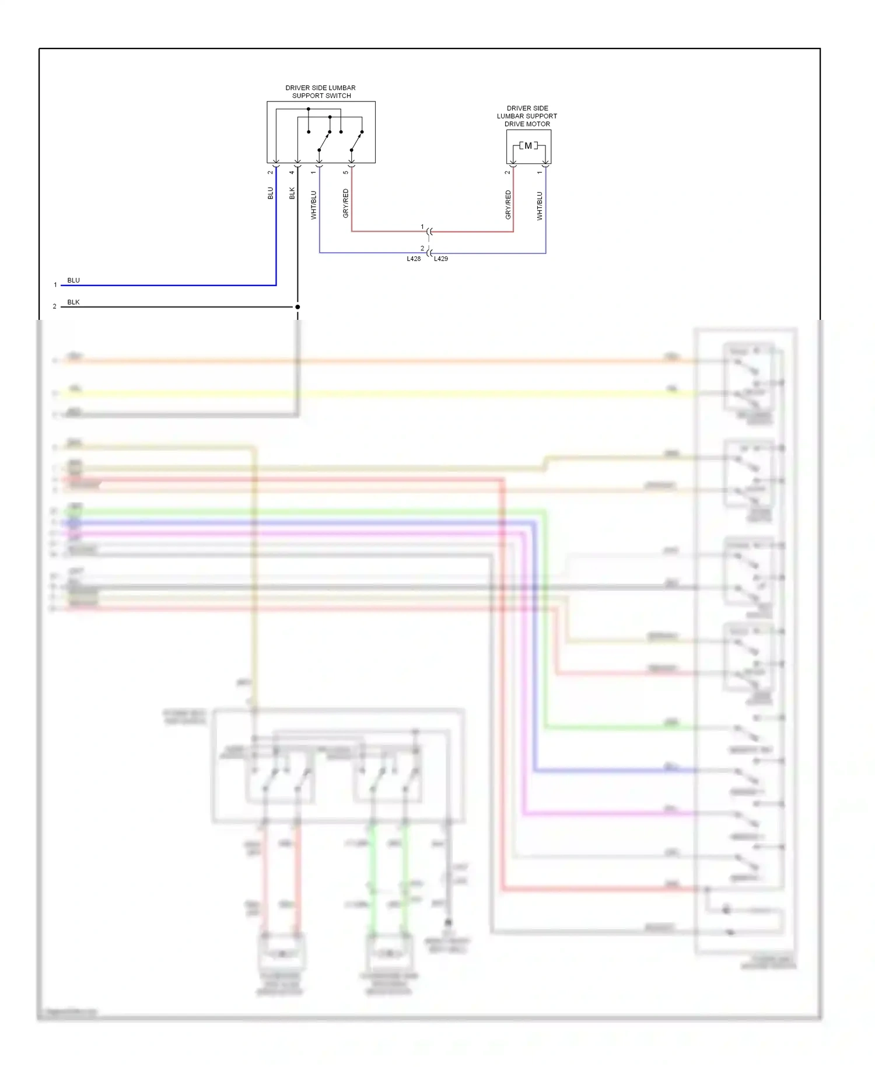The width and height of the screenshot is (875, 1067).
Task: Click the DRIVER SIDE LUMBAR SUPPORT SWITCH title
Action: pyautogui.click(x=321, y=92)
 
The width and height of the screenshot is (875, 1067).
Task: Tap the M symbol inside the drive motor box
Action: pyautogui.click(x=528, y=146)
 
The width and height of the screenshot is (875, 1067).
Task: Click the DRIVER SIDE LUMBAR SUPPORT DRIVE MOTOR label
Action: pyautogui.click(x=527, y=116)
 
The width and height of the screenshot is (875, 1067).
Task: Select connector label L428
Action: pyautogui.click(x=414, y=259)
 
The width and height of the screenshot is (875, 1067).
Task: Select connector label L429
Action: pyautogui.click(x=441, y=259)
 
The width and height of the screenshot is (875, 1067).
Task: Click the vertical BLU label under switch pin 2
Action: pyautogui.click(x=271, y=193)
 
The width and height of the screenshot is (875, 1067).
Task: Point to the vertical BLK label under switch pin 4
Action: pyautogui.click(x=292, y=193)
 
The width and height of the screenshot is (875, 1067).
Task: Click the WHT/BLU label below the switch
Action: pyautogui.click(x=314, y=205)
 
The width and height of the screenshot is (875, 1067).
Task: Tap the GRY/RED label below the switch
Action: pyautogui.click(x=346, y=204)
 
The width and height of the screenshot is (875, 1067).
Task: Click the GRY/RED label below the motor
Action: pyautogui.click(x=508, y=205)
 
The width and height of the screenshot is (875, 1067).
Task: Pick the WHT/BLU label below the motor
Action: pyautogui.click(x=540, y=206)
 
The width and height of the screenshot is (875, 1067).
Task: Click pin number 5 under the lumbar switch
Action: pyautogui.click(x=346, y=172)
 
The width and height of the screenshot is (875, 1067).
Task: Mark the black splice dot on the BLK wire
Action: pyautogui.click(x=297, y=307)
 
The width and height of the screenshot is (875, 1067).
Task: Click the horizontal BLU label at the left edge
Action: pyautogui.click(x=73, y=280)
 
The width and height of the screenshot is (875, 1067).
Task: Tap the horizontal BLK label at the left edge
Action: pyautogui.click(x=73, y=302)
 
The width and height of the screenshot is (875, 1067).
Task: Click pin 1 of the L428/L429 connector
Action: pyautogui.click(x=422, y=227)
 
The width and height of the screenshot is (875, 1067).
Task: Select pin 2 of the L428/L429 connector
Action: pyautogui.click(x=422, y=249)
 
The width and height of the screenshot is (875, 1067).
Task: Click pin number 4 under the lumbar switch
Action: pyautogui.click(x=292, y=172)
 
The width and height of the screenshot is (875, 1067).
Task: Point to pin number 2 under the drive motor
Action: pyautogui.click(x=508, y=172)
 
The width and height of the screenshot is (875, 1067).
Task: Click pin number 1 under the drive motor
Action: pyautogui.click(x=540, y=172)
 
